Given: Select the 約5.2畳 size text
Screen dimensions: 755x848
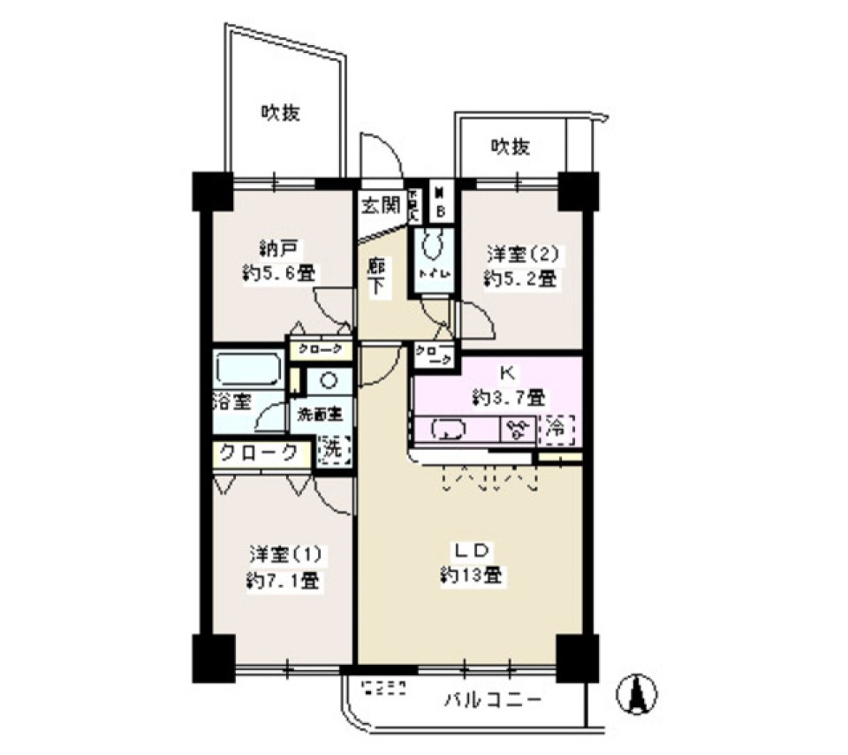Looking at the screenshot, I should click(x=519, y=279).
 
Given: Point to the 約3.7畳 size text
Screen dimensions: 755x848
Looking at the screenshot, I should click(x=509, y=397).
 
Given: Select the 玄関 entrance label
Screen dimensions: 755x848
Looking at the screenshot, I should click(x=380, y=206).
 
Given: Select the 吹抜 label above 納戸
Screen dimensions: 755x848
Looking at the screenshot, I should click(x=281, y=113).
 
